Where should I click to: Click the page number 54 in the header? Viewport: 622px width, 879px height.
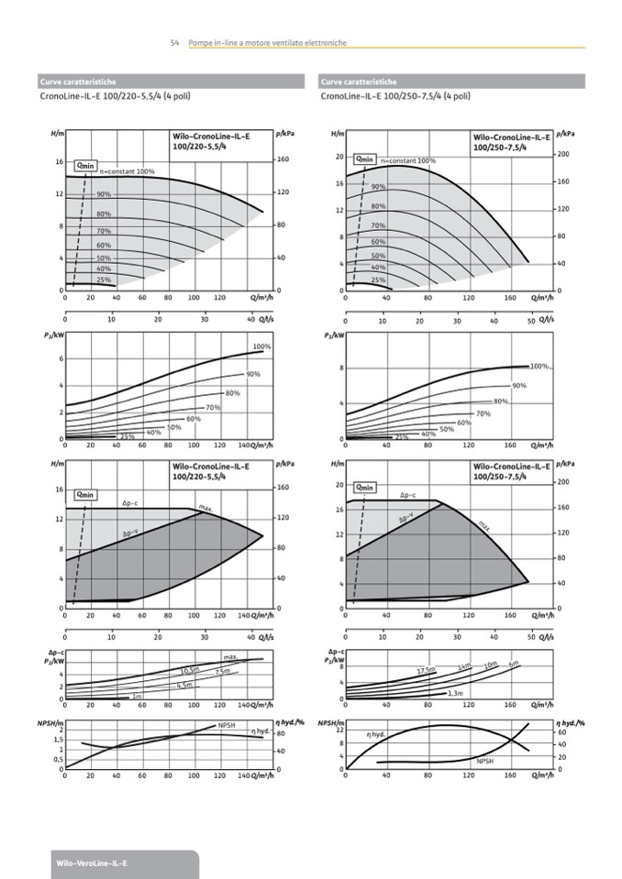pyautogui.click(x=174, y=43)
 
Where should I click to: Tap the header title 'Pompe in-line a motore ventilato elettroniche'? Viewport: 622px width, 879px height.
pyautogui.click(x=267, y=43)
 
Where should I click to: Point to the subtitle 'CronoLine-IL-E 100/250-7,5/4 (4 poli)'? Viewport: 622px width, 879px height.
pyautogui.click(x=395, y=96)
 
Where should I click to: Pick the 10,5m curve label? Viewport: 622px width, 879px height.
pyautogui.click(x=192, y=670)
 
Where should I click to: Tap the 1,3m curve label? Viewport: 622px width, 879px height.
pyautogui.click(x=455, y=694)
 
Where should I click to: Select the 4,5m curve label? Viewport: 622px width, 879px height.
pyautogui.click(x=184, y=685)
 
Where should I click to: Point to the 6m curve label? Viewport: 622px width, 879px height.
pyautogui.click(x=514, y=663)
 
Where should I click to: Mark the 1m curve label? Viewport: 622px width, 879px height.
pyautogui.click(x=137, y=698)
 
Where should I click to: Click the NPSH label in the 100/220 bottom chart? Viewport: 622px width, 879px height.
pyautogui.click(x=227, y=725)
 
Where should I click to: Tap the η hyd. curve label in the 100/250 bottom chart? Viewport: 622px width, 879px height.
pyautogui.click(x=376, y=735)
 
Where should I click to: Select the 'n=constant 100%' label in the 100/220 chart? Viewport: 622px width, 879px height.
pyautogui.click(x=127, y=171)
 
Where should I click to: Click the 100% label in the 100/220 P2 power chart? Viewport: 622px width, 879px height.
pyautogui.click(x=261, y=346)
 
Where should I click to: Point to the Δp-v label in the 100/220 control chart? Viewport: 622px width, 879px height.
pyautogui.click(x=131, y=533)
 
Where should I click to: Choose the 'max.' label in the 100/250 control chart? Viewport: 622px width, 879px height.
pyautogui.click(x=484, y=526)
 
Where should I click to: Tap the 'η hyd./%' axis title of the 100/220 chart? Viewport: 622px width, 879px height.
pyautogui.click(x=290, y=724)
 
